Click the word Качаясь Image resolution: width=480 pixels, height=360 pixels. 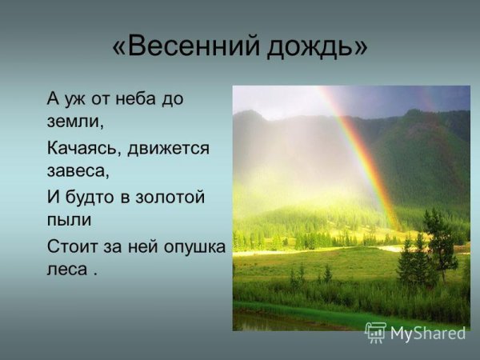pos(84,148)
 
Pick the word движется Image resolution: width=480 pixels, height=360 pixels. pos(170,148)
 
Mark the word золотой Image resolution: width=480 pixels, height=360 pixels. pos(173,197)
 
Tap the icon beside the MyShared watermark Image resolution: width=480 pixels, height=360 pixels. pos(376,333)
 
